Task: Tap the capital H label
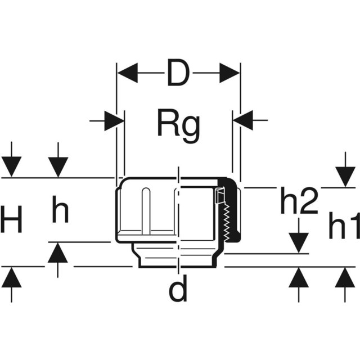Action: click(x=12, y=220)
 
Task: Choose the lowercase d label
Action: click(x=178, y=290)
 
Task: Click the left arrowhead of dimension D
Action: click(x=127, y=73)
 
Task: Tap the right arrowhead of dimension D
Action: click(x=229, y=73)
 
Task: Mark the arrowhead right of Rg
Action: click(x=243, y=121)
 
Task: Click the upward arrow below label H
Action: click(x=12, y=277)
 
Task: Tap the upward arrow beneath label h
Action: click(x=58, y=253)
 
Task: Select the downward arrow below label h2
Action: click(x=299, y=242)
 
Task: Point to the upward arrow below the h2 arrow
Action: click(x=299, y=277)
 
